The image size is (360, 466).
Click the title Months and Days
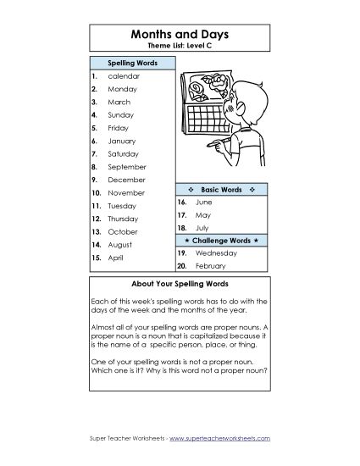click(180, 33)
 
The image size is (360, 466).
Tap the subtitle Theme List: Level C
click(180, 46)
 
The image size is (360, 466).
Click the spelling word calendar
click(124, 75)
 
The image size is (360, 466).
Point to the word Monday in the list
click(122, 88)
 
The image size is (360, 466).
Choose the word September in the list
click(126, 167)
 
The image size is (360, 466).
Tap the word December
click(126, 180)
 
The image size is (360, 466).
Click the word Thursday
click(125, 219)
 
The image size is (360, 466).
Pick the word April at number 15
click(116, 257)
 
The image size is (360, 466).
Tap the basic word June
click(204, 202)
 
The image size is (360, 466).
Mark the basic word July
click(202, 228)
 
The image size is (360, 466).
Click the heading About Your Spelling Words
click(180, 284)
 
